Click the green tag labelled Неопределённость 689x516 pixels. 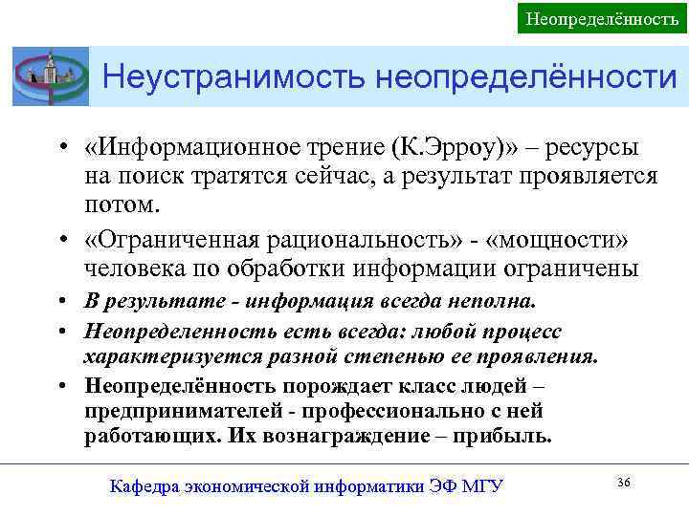click(x=603, y=17)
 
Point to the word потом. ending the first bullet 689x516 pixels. click(x=120, y=204)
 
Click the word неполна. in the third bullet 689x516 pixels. click(x=492, y=302)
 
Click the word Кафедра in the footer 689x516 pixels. click(x=143, y=486)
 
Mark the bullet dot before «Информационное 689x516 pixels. click(x=60, y=151)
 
